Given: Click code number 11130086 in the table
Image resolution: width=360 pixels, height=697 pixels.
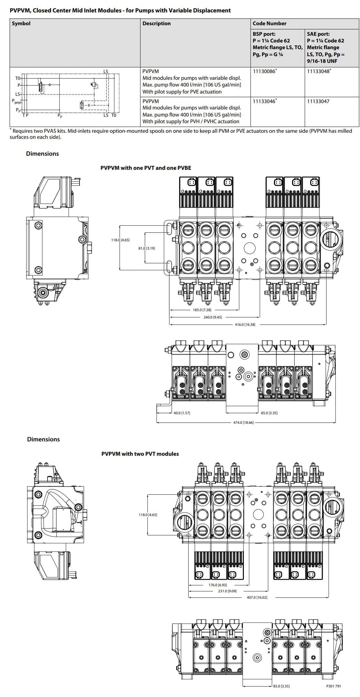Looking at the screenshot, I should (x=264, y=71).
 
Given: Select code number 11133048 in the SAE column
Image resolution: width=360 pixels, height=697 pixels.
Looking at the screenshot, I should (x=318, y=71).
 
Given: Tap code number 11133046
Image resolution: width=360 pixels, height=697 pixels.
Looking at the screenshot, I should (x=264, y=101).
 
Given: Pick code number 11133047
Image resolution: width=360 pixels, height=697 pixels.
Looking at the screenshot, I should (x=318, y=101).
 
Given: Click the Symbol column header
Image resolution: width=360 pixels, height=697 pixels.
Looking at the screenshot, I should (x=21, y=24).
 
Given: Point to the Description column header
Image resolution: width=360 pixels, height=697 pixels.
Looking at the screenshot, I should (x=156, y=24).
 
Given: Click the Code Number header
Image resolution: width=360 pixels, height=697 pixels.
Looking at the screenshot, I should (x=269, y=24).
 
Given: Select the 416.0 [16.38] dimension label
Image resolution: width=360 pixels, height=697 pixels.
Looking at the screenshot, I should (x=245, y=325).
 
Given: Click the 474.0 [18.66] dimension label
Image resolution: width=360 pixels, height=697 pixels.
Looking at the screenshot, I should (x=243, y=423).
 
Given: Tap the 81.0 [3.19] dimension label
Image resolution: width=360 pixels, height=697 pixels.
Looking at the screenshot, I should (x=146, y=248).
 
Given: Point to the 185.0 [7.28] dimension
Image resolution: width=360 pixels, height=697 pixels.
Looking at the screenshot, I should (x=202, y=310).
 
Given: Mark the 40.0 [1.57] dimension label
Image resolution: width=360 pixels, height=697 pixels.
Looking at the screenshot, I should (x=182, y=413).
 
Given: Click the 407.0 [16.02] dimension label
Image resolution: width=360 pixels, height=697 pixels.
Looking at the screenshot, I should (x=257, y=597).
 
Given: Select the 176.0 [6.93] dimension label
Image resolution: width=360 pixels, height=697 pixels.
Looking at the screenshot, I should (x=217, y=585).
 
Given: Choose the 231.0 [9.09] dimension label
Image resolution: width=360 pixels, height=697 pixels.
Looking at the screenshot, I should (x=227, y=591).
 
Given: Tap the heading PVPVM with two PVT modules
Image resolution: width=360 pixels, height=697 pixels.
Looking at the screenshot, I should (x=140, y=454).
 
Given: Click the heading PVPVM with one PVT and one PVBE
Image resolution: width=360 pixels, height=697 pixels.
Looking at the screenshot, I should (x=146, y=168).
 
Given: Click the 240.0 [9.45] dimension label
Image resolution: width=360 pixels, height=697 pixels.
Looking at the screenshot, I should (x=213, y=317).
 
